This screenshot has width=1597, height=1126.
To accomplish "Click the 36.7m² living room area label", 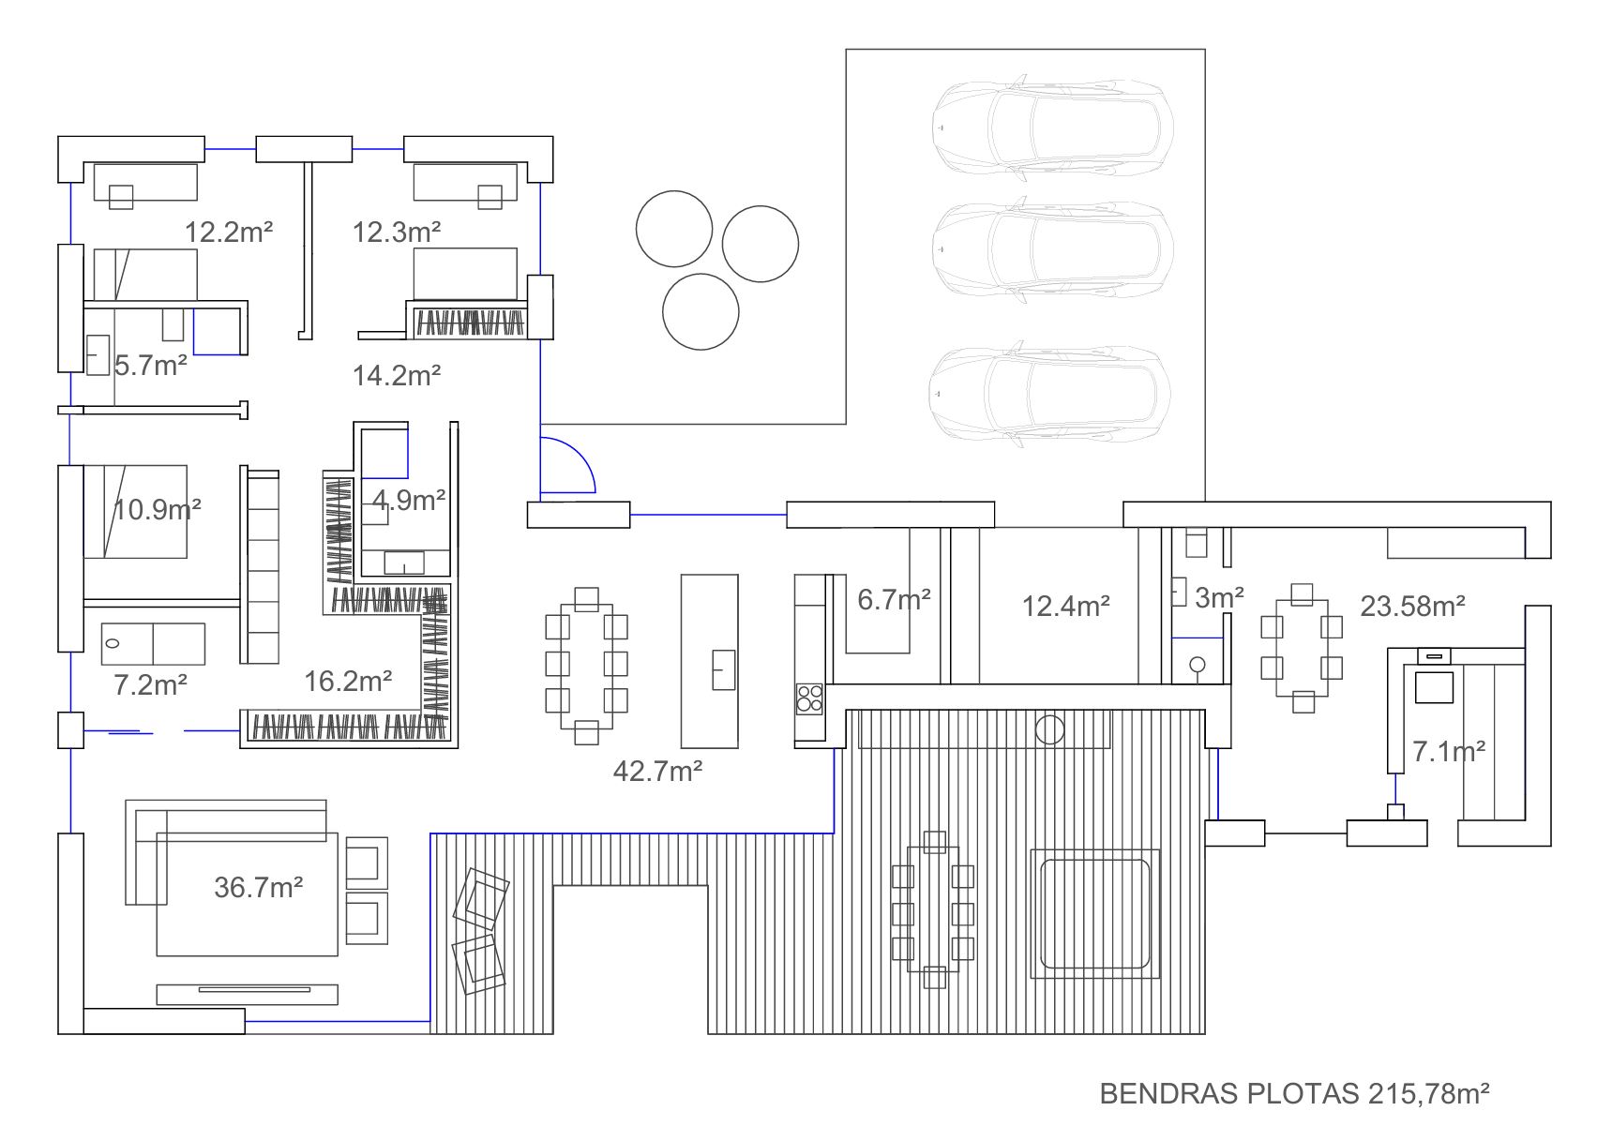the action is coord(258,887).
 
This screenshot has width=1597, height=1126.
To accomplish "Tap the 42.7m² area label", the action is coord(657,771).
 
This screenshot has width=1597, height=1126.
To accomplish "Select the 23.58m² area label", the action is coord(1412,606).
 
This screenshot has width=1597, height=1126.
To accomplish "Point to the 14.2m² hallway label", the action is coord(397,375).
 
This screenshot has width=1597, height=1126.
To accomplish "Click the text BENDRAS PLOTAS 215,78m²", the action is coord(1294,1093).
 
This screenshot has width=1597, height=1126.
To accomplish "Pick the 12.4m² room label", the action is coord(1066,606).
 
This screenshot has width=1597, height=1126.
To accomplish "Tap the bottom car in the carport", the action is coord(1049,394).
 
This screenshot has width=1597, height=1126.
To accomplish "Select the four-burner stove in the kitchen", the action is coord(809,698).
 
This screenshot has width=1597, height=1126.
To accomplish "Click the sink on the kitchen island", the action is coord(724,669).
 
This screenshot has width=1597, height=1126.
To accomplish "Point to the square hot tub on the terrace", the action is coord(1095,913).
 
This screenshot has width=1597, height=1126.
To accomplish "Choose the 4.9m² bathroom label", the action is coord(409,500).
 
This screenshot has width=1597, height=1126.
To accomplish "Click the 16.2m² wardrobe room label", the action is coord(348,681).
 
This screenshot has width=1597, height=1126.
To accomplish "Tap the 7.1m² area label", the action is coord(1449,751).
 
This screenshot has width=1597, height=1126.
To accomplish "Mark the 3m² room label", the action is coord(1219,597).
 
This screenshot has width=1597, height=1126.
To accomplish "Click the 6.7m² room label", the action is coord(894,599).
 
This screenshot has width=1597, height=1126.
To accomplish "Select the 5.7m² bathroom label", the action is coord(150,365).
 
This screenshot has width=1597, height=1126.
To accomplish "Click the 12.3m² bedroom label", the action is coord(397,232).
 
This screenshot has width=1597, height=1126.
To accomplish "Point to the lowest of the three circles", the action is coord(701,311).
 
